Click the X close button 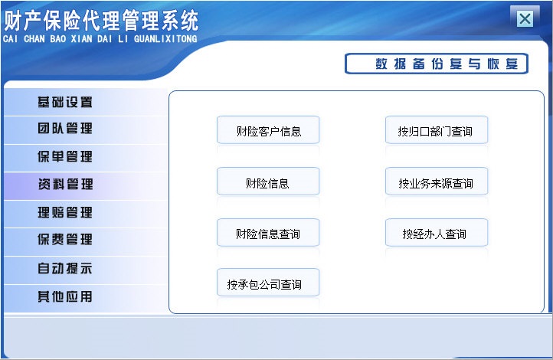click(525, 19)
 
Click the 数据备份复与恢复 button click(436, 64)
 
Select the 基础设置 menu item click(65, 102)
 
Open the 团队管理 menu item click(65, 129)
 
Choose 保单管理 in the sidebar click(65, 157)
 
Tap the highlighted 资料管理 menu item click(65, 185)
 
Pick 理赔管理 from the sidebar click(65, 212)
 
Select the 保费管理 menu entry click(65, 240)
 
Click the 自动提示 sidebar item click(65, 269)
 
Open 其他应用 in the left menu click(65, 296)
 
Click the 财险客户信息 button click(268, 131)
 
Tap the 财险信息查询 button click(268, 234)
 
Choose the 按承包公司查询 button click(268, 284)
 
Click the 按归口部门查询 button click(436, 131)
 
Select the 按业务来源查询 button click(436, 183)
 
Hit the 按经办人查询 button click(436, 234)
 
